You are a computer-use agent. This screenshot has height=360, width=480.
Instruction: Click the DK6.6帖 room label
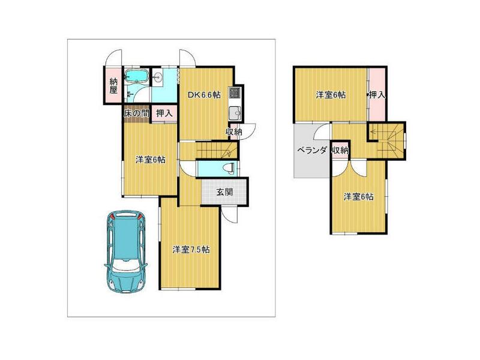click(x=204, y=95)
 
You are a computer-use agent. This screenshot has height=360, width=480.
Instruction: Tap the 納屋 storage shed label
click(x=113, y=86)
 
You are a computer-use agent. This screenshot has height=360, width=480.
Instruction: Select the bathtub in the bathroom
click(x=137, y=76)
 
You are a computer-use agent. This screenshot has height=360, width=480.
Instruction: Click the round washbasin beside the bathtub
click(x=158, y=77)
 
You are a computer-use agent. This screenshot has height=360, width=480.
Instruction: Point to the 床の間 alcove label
click(x=136, y=113)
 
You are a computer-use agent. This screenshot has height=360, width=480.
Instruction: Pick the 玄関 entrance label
click(x=224, y=192)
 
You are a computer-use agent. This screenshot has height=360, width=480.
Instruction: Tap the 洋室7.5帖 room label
click(x=191, y=250)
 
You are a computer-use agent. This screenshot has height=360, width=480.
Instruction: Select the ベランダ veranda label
click(x=312, y=151)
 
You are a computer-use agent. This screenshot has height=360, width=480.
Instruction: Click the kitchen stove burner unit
click(x=235, y=92)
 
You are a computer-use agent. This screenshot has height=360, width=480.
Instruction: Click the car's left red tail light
click(x=112, y=217)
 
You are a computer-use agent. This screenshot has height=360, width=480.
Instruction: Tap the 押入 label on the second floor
click(x=377, y=95)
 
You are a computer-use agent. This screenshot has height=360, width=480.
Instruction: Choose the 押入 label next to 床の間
click(x=164, y=113)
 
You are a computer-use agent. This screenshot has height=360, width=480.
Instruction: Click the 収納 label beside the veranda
click(x=340, y=151)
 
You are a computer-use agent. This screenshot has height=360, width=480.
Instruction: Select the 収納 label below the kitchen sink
click(x=234, y=131)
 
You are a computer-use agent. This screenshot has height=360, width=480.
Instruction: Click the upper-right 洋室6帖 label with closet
click(x=331, y=95)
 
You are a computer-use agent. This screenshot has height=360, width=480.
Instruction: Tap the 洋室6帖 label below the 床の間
click(x=151, y=160)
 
